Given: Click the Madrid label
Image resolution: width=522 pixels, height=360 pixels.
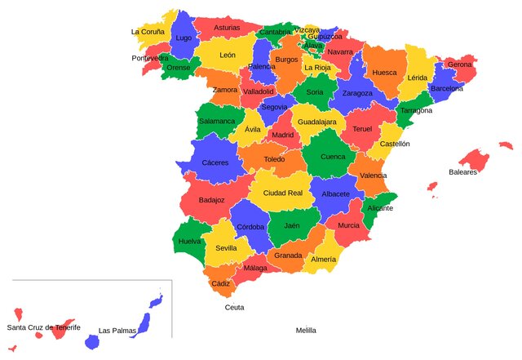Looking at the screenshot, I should click(283, 136).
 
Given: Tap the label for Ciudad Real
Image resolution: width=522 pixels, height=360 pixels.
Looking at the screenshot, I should click(282, 193).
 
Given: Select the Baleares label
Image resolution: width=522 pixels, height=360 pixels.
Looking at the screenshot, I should click(462, 172).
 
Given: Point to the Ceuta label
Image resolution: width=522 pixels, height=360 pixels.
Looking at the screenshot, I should click(234, 308).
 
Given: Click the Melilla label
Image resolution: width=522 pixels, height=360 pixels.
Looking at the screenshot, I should click(306, 331).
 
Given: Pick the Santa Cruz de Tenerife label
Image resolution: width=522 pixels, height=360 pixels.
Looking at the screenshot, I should click(44, 327).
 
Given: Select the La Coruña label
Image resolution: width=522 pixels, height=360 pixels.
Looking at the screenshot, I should click(148, 32).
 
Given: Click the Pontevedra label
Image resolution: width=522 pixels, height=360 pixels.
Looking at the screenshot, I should click(150, 58).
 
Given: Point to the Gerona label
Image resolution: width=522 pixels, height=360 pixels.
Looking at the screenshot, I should click(459, 64).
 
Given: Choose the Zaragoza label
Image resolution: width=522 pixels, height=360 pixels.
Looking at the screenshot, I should click(357, 93).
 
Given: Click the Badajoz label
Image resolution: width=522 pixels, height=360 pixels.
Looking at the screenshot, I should click(211, 199).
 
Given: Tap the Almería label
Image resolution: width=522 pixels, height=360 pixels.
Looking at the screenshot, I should click(323, 259).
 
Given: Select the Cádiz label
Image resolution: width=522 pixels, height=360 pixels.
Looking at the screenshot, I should click(220, 283).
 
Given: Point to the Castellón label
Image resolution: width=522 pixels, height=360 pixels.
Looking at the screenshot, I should click(395, 144).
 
